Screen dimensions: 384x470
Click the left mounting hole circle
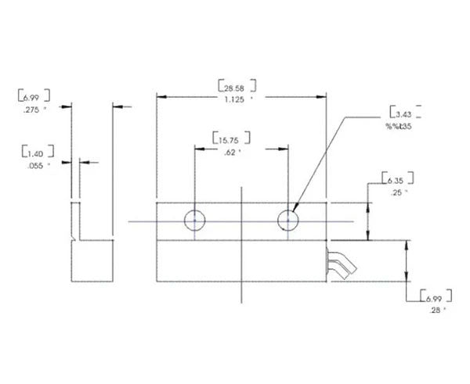click(x=194, y=221)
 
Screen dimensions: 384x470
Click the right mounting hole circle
click(x=288, y=221)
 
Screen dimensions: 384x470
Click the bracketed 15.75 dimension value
click(x=232, y=140)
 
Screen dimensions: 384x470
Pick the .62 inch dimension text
click(x=232, y=153)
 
